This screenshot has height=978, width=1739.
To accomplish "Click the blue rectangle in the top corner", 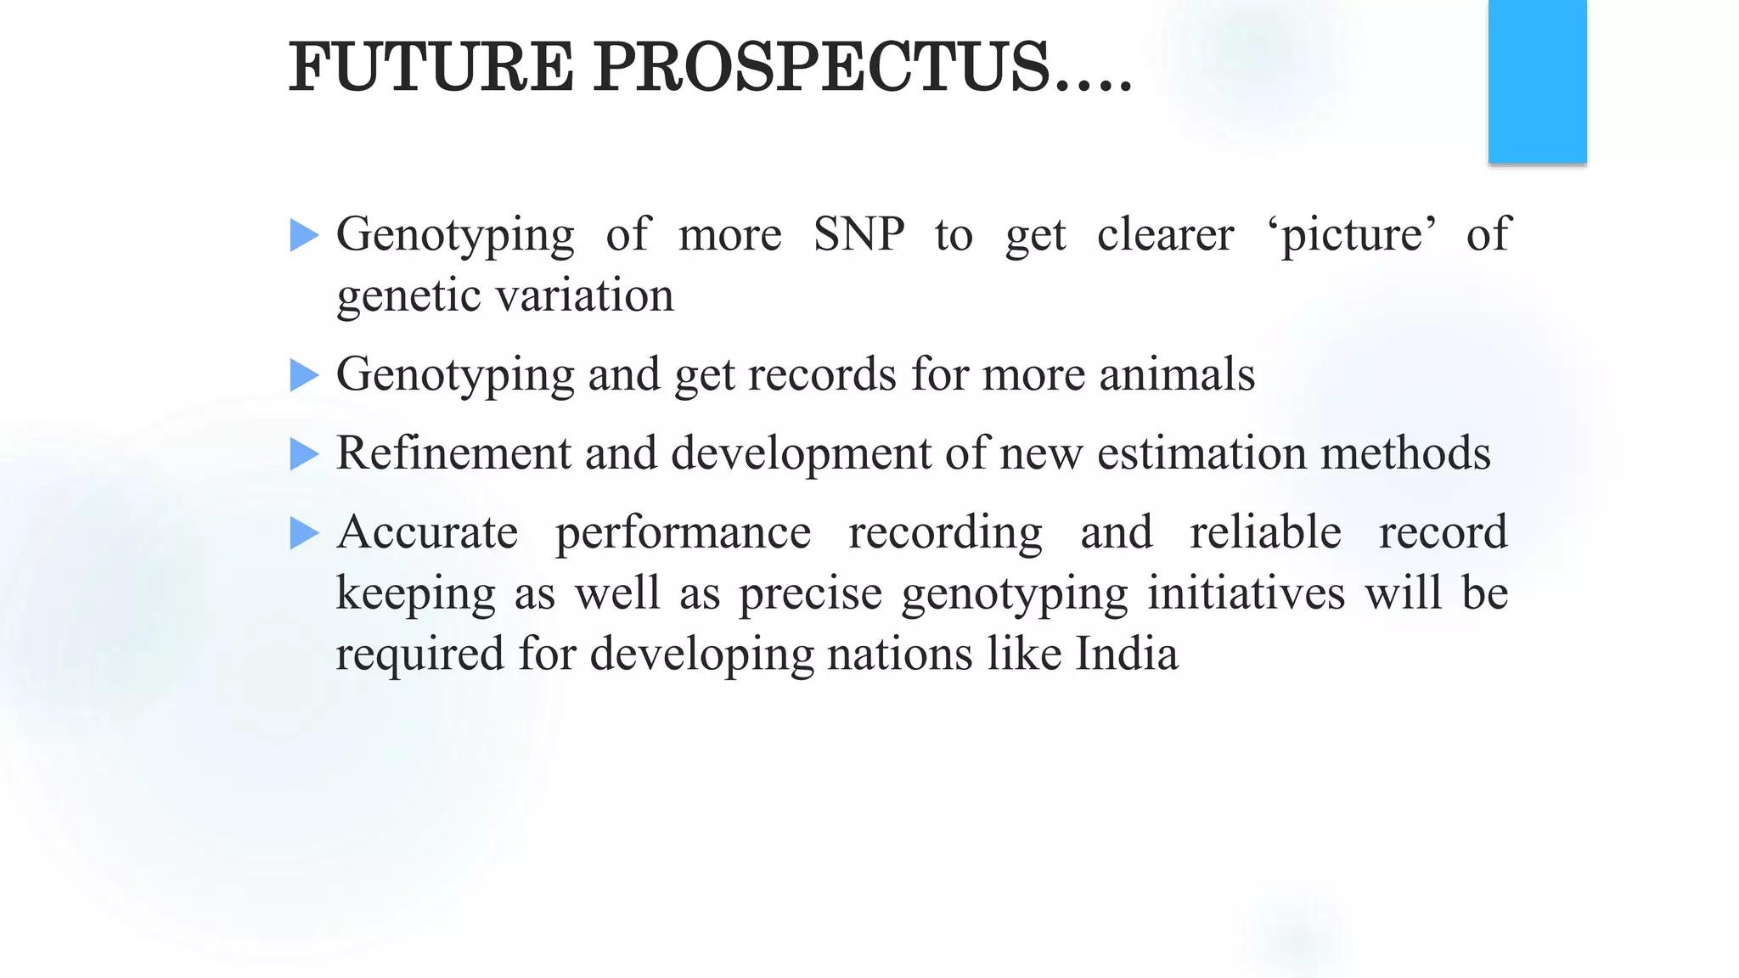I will pos(1537,81).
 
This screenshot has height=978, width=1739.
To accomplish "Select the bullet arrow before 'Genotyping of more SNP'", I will pos(304,235).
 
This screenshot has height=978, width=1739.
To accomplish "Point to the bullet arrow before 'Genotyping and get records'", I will pos(304,375).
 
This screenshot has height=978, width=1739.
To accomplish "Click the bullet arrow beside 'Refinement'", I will pos(304,454).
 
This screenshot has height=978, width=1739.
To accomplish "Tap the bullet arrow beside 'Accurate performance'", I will pos(304,533).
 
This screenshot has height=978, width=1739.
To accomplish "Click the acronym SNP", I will pos(858,234).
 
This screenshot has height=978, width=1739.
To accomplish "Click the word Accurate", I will pos(427,532).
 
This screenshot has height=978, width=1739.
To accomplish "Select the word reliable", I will pos(1265,532).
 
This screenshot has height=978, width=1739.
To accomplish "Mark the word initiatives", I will pos(1246,593).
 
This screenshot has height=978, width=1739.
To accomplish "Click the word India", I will pos(1127,654).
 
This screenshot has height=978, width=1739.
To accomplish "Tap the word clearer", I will pos(1165,234).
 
